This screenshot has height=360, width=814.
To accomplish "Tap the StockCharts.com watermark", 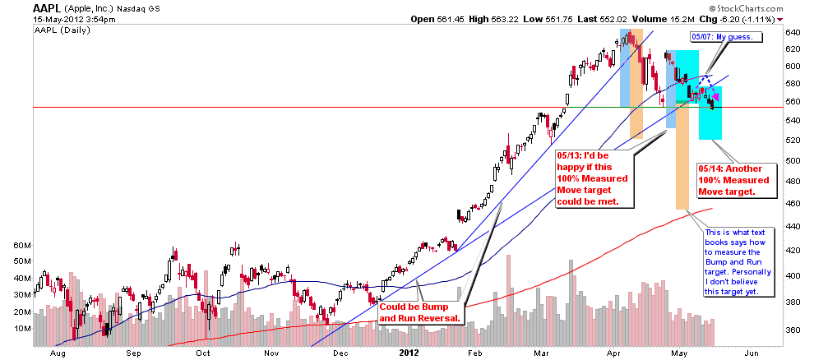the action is pyautogui.click(x=746, y=9).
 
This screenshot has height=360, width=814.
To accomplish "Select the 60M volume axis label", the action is pyautogui.click(x=23, y=245).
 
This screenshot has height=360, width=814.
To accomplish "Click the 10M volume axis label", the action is pyautogui.click(x=23, y=329).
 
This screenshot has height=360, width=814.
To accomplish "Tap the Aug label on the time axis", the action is pyautogui.click(x=58, y=353).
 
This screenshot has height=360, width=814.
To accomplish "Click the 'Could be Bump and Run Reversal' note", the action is pyautogui.click(x=421, y=312).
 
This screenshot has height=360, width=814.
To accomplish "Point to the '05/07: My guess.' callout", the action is pyautogui.click(x=726, y=37).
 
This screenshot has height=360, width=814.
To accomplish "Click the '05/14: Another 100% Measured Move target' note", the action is pyautogui.click(x=733, y=181).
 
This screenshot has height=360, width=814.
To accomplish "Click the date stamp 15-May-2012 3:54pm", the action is pyautogui.click(x=74, y=20).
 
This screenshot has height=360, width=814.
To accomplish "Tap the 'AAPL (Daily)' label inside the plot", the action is pyautogui.click(x=62, y=30).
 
